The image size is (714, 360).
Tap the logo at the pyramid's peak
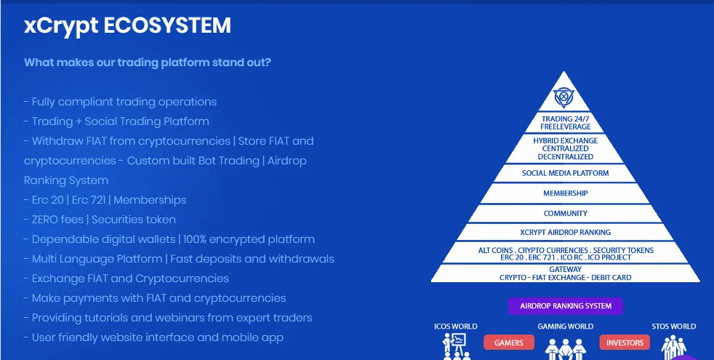(x=563, y=97)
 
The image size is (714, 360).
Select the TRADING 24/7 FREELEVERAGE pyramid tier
(x=565, y=123)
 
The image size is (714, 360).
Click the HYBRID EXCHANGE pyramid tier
(x=565, y=148)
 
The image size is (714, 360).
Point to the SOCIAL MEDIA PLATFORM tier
(x=565, y=173)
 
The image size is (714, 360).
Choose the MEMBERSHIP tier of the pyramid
(x=565, y=193)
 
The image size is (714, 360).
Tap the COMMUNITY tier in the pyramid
(x=565, y=213)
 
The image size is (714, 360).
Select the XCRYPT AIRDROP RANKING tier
(x=565, y=233)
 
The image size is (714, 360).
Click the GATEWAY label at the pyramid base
(x=565, y=269)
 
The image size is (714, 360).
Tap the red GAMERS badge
(x=509, y=343)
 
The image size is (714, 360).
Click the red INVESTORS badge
(x=625, y=343)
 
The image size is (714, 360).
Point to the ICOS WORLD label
(x=455, y=327)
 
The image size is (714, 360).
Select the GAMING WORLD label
(x=565, y=327)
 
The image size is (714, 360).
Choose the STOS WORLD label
(x=673, y=327)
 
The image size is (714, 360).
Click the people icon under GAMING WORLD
(x=565, y=348)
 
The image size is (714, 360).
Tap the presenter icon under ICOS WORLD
(x=455, y=346)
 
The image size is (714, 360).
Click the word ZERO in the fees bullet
(x=48, y=220)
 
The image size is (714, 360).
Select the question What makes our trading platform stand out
(x=148, y=62)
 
